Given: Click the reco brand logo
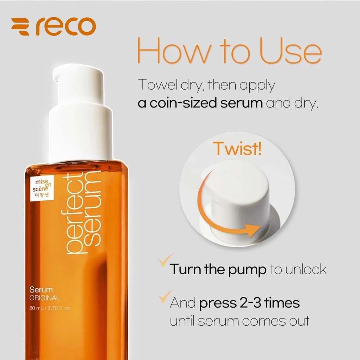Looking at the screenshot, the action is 53,26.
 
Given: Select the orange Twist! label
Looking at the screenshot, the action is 237,148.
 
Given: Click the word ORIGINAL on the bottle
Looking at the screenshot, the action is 45,298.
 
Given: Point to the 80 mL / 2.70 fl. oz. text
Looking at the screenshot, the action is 50,308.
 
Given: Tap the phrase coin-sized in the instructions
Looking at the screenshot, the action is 183,103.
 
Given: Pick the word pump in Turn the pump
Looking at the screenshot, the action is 247,270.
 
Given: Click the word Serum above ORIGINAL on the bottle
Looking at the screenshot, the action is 41,290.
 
